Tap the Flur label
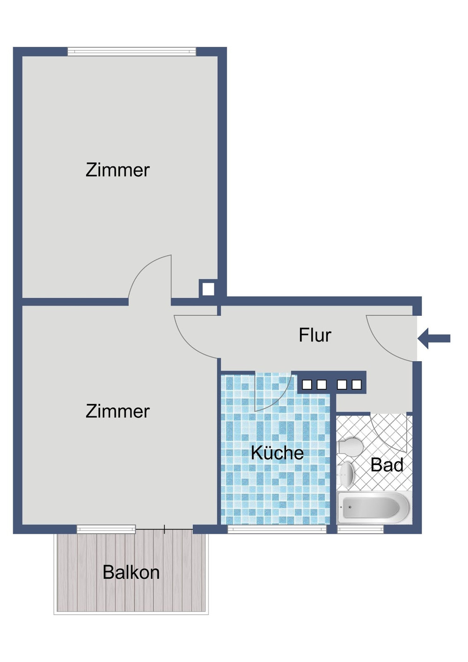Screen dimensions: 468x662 315,335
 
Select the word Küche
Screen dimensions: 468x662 277,453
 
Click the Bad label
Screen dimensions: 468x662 387,465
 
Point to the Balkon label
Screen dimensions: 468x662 131,573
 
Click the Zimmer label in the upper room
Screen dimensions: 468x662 117,170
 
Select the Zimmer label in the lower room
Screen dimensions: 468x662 117,412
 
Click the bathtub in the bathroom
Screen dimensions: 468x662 374,508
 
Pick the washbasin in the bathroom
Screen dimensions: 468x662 346,473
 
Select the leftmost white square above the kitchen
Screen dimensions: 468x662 307,385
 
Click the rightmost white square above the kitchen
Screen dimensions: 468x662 357,385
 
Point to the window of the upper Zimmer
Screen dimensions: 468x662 132,51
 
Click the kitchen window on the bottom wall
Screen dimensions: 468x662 277,529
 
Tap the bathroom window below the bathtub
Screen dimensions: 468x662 360,529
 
